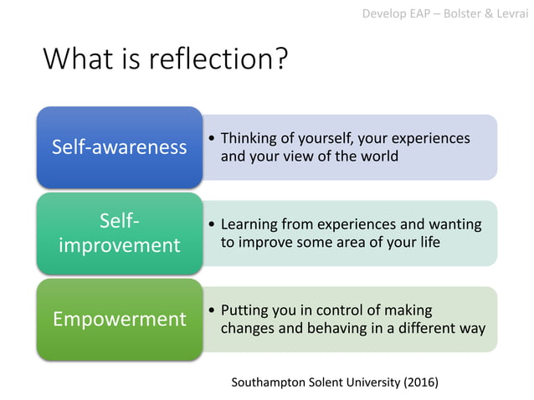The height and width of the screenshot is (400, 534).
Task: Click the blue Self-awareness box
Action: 119,147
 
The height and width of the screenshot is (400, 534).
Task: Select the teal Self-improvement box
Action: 119,233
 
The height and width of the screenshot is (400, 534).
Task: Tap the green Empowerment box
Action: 119,320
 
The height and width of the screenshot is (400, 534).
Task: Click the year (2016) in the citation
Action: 420,382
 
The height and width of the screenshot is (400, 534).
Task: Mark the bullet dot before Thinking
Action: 212,139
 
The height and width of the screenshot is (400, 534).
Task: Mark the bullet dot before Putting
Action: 212,311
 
